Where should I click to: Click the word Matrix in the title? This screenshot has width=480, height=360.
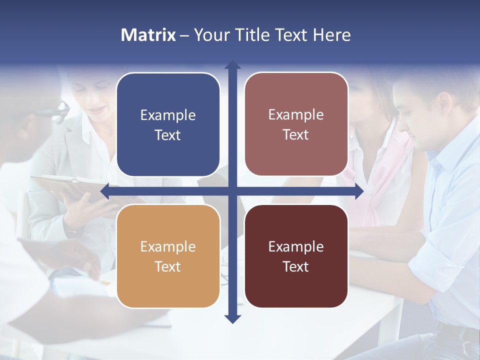point(148,35)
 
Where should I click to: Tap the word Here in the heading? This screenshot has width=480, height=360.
point(331,35)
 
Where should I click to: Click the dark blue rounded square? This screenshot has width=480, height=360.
point(168,124)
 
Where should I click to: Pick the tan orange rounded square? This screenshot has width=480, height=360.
point(168,256)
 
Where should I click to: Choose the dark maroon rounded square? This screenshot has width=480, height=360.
point(296,256)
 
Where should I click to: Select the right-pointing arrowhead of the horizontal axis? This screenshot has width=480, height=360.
point(359,191)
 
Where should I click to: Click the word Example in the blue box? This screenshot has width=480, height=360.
point(168,115)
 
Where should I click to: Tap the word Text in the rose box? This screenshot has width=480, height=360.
point(296,134)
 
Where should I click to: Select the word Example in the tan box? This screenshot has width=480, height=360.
point(168,246)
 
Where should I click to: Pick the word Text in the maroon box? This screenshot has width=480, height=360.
point(296,266)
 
